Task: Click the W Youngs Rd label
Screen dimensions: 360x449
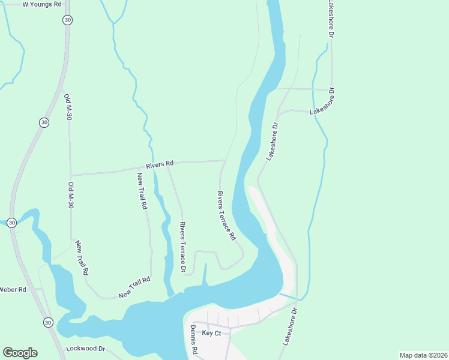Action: click(42, 4)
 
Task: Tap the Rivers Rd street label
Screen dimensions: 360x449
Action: click(160, 163)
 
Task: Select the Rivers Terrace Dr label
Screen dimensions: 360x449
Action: click(183, 247)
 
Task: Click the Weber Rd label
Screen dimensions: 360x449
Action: click(13, 289)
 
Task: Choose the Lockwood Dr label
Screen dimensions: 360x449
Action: click(86, 349)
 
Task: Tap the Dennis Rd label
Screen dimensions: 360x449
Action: click(194, 340)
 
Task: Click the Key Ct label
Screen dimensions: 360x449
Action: click(211, 333)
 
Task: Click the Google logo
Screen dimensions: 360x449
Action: click(20, 353)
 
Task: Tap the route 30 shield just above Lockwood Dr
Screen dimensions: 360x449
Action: click(47, 323)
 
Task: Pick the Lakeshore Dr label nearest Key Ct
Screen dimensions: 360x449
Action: click(289, 327)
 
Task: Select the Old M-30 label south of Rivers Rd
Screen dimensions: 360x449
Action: click(70, 195)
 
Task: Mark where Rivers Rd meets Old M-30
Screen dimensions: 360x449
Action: click(70, 175)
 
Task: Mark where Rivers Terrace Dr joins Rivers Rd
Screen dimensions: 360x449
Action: click(167, 163)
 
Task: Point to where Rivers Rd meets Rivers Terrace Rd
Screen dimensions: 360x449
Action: click(225, 161)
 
